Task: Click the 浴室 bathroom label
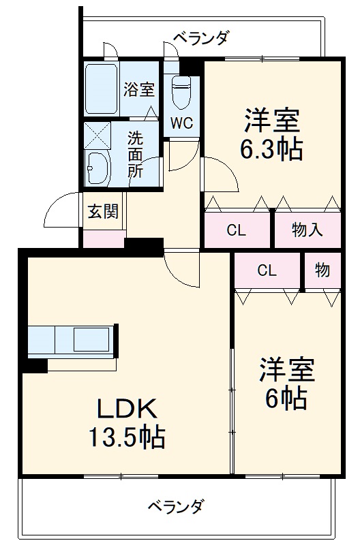tap(139, 90)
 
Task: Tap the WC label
tap(181, 123)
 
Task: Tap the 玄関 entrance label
tap(102, 211)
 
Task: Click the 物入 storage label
tap(307, 230)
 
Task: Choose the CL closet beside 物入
tap(236, 230)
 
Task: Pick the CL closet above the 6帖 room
tap(267, 270)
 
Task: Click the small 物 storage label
tap(322, 270)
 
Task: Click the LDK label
tap(126, 409)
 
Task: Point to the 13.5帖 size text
tap(126, 437)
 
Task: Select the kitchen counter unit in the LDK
tap(72, 339)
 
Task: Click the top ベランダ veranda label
tap(199, 38)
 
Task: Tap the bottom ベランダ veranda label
tap(176, 506)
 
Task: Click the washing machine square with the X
tap(97, 136)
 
